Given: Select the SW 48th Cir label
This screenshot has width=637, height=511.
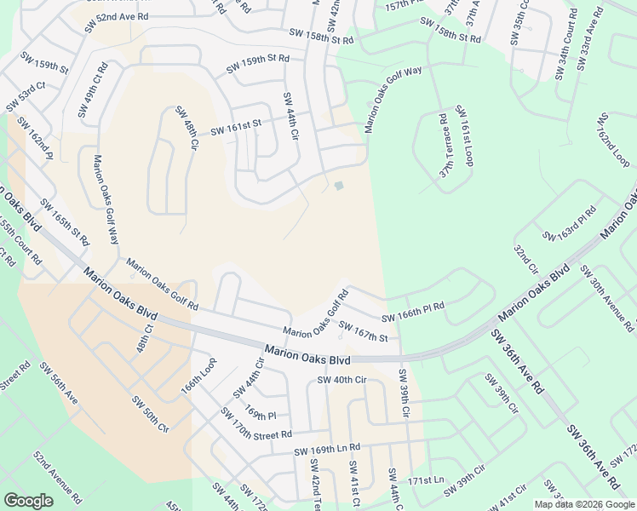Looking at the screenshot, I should (187, 127).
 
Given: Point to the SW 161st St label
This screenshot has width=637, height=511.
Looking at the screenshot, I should (234, 128).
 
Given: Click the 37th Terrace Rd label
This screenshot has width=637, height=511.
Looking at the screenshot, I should (445, 146).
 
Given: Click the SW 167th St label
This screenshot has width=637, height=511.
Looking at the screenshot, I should (363, 331).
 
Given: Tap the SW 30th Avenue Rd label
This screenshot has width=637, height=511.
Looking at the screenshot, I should (606, 297).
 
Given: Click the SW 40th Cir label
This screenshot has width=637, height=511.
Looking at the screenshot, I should (340, 380).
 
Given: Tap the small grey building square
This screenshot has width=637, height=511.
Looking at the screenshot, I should (339, 186).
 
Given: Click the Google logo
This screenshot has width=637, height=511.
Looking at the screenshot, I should (28, 501).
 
